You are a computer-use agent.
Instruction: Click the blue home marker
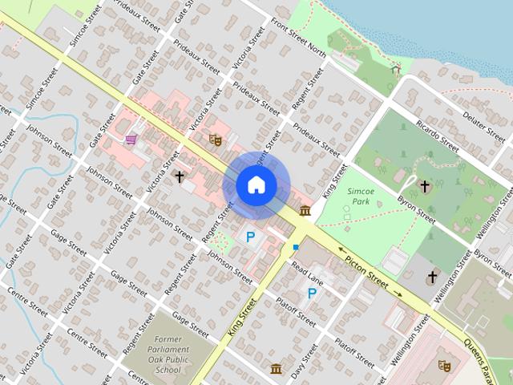coord(256,185)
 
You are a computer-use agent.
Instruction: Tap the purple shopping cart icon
coord(131,139)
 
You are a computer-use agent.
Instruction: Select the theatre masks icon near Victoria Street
coord(214,139)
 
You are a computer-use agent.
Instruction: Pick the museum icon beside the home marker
coord(305,210)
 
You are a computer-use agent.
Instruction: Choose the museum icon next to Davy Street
coord(277,368)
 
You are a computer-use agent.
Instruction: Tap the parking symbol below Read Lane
coord(311,294)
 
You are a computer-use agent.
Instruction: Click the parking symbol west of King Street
coord(251,237)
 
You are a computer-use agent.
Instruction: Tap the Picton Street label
coord(366,272)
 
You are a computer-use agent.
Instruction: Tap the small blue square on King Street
coord(296,247)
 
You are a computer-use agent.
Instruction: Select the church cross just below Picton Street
coord(432,278)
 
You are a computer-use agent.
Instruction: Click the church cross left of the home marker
coord(180,175)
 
